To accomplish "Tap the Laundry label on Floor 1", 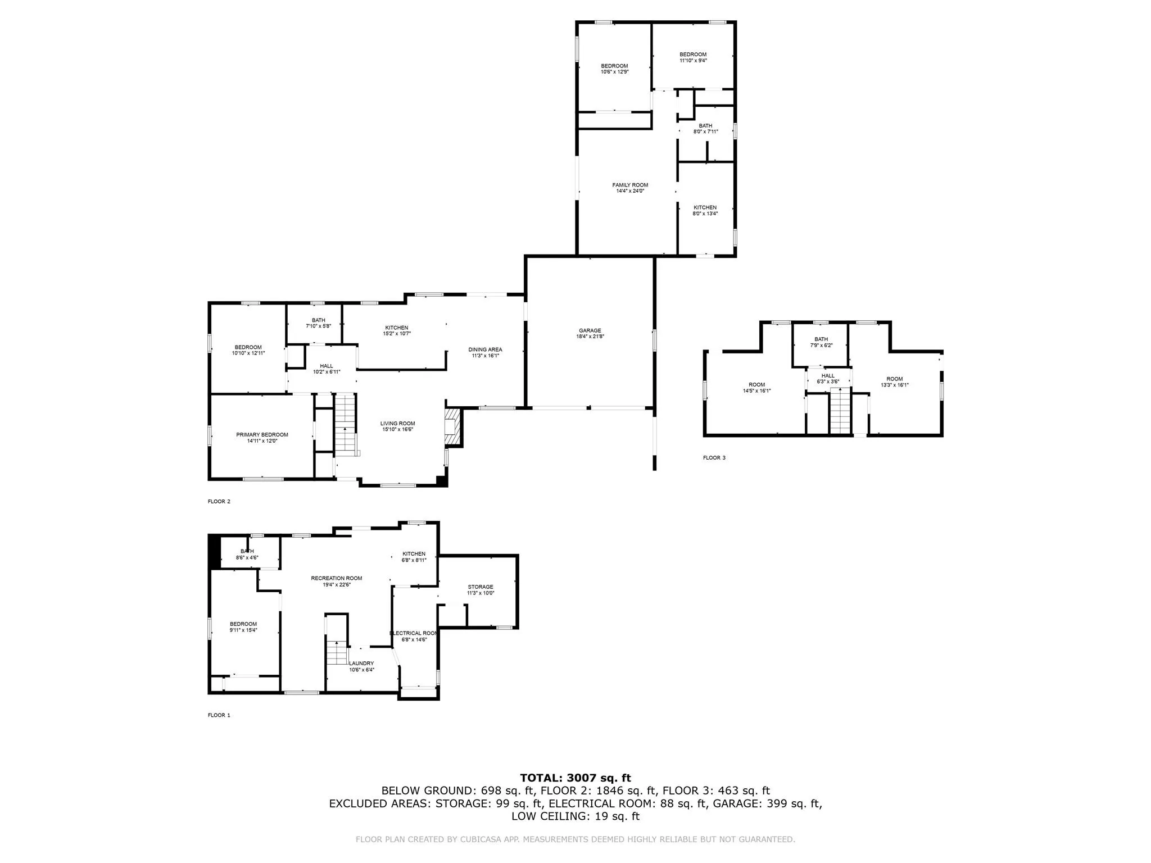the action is point(361,664).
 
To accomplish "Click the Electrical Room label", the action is point(414,633).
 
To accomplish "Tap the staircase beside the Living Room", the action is point(345,425).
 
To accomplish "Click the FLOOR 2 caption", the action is point(219,502).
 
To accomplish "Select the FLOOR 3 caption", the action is point(714,458).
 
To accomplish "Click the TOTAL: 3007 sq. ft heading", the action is point(575,778).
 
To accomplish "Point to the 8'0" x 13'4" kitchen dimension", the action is point(705,214).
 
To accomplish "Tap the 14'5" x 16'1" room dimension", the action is point(756,391).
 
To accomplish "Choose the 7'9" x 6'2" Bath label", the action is point(821,343).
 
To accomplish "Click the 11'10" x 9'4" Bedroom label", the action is point(693,58).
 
